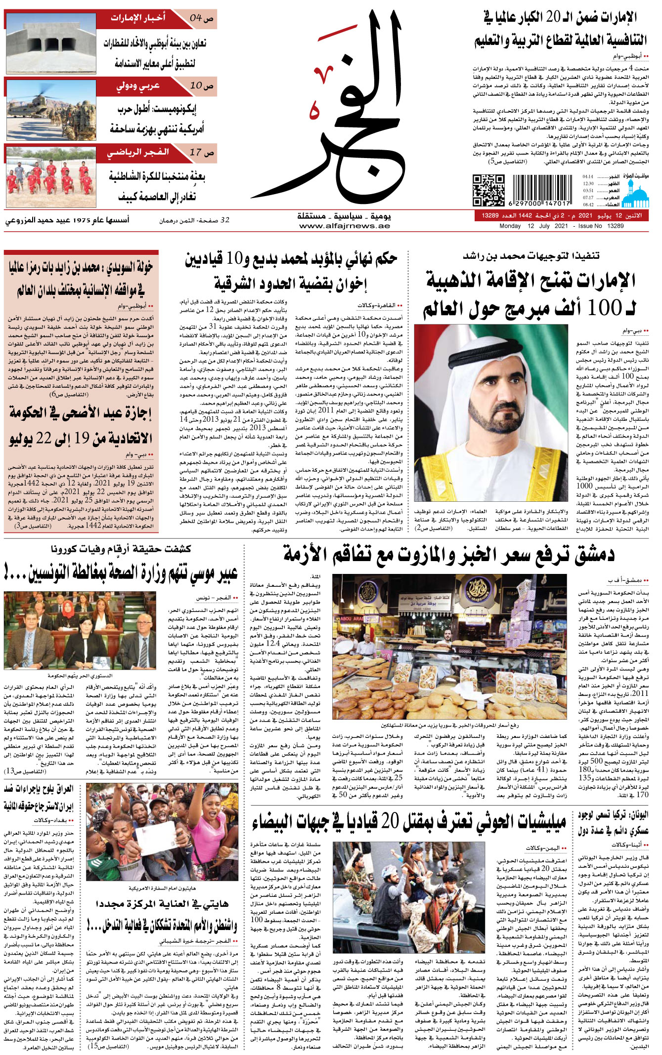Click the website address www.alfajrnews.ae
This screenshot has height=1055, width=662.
(345, 226)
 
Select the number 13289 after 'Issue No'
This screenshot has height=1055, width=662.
(615, 226)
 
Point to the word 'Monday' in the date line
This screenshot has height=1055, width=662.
(510, 226)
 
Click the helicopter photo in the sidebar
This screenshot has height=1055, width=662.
(51, 109)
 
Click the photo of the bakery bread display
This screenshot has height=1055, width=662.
(449, 646)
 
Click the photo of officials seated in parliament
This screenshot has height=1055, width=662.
(80, 631)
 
